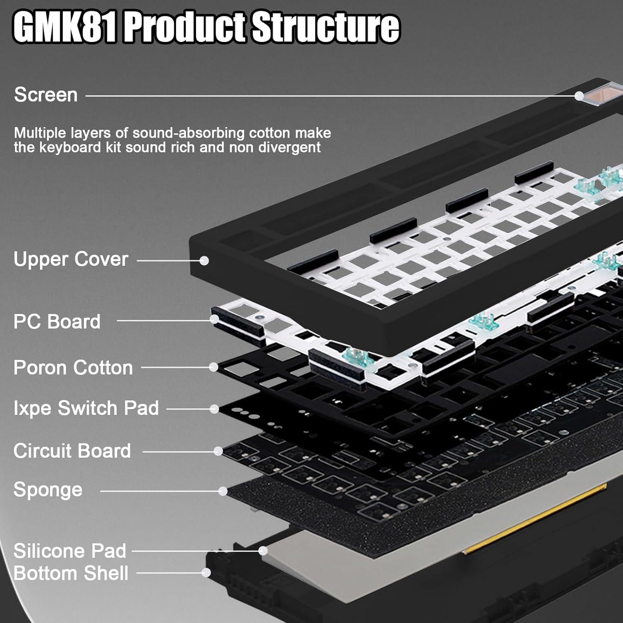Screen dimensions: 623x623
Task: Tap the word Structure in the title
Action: pos(326,28)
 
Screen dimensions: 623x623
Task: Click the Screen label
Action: pos(46,95)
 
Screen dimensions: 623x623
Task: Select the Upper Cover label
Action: pos(71,259)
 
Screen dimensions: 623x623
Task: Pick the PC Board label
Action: pos(57,321)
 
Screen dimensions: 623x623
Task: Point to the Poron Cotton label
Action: pos(73,368)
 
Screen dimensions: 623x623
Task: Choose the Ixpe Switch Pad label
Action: pos(86,408)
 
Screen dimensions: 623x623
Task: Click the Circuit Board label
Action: pos(72,451)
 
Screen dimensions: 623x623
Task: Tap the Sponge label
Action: pos(48,490)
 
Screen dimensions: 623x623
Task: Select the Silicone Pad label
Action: pos(70,551)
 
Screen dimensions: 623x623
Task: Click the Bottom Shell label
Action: pos(71,573)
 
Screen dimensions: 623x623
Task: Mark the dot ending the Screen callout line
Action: pos(579,96)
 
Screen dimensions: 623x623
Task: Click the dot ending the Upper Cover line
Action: pos(204,260)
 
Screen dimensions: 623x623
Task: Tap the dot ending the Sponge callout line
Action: pos(223,491)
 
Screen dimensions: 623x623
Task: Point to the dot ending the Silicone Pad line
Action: pos(263,551)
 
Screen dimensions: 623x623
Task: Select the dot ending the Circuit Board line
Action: pos(218,451)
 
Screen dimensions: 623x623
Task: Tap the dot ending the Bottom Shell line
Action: pos(206,573)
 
